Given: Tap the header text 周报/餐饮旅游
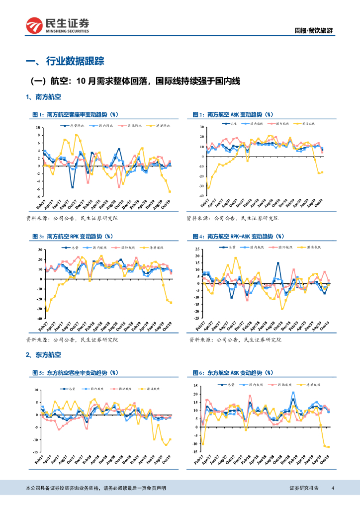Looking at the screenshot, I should click(x=315, y=31).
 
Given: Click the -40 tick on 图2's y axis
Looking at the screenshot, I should click(x=200, y=195).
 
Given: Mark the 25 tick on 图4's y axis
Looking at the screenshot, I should click(x=197, y=249).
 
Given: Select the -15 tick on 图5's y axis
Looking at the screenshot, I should click(x=36, y=452).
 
